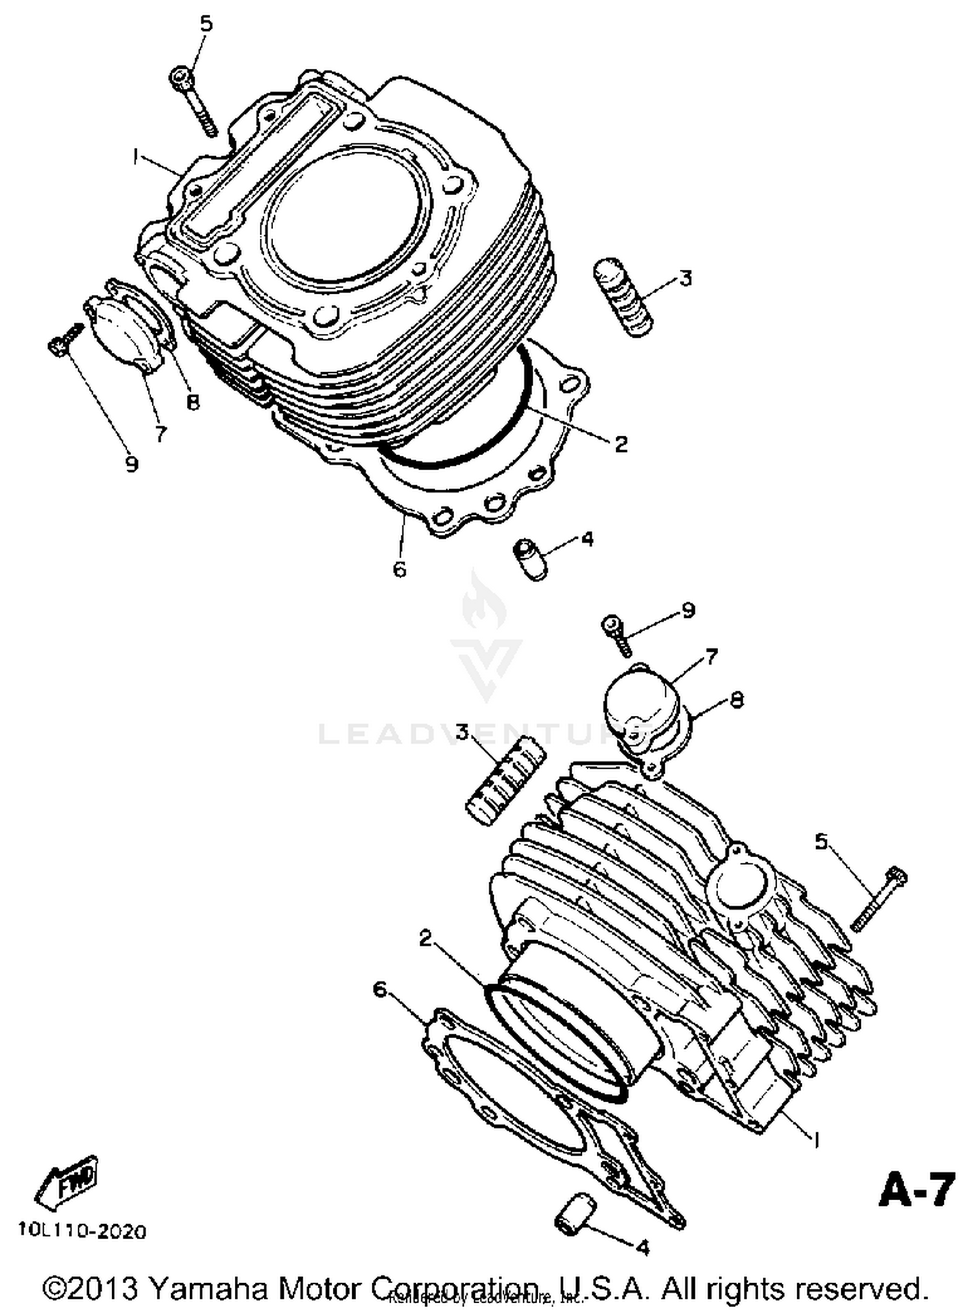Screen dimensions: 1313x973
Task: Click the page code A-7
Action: (x=917, y=1190)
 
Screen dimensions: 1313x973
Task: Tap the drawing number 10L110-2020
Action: (x=82, y=1231)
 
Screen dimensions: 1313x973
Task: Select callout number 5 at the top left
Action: (x=206, y=25)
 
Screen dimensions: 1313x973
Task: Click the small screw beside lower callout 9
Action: (x=617, y=634)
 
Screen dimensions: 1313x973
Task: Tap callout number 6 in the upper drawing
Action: (x=400, y=569)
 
